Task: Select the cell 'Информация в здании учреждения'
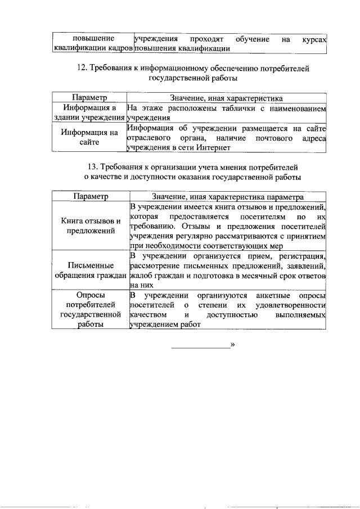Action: point(89,112)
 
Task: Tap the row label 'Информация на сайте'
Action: point(89,138)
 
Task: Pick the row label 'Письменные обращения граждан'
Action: point(90,270)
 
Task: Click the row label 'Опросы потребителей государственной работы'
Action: point(90,309)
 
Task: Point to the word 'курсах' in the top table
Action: point(314,39)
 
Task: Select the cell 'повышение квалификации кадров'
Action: point(93,44)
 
